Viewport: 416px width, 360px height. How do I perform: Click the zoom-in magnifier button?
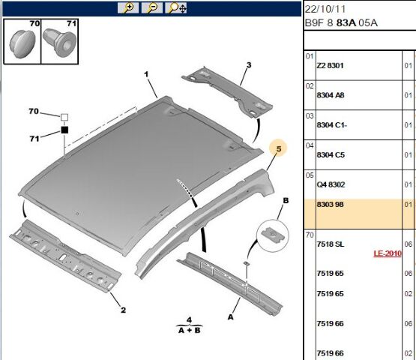click(128, 7)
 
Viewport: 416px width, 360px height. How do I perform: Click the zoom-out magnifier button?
click(152, 7)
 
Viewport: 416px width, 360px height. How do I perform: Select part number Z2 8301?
click(330, 65)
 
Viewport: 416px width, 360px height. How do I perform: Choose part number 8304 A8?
click(331, 95)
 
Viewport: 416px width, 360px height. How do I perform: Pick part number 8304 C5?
click(331, 154)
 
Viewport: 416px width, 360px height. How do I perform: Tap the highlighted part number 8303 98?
click(330, 205)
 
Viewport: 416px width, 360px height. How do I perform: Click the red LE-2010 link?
click(388, 253)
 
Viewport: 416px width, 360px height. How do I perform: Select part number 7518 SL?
click(331, 244)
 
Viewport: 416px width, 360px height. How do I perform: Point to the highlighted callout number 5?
click(278, 148)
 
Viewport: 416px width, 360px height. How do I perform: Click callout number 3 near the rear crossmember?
click(249, 65)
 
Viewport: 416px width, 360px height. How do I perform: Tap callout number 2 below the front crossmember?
click(123, 310)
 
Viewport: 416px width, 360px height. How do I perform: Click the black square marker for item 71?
click(64, 130)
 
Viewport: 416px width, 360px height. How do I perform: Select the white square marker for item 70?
click(64, 117)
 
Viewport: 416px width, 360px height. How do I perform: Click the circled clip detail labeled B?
click(273, 236)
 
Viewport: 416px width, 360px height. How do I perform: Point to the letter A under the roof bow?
click(231, 317)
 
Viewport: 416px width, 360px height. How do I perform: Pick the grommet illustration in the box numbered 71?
click(59, 43)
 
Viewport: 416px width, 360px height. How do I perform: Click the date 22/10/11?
click(325, 9)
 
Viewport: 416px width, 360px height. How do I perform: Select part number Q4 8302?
click(331, 184)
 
